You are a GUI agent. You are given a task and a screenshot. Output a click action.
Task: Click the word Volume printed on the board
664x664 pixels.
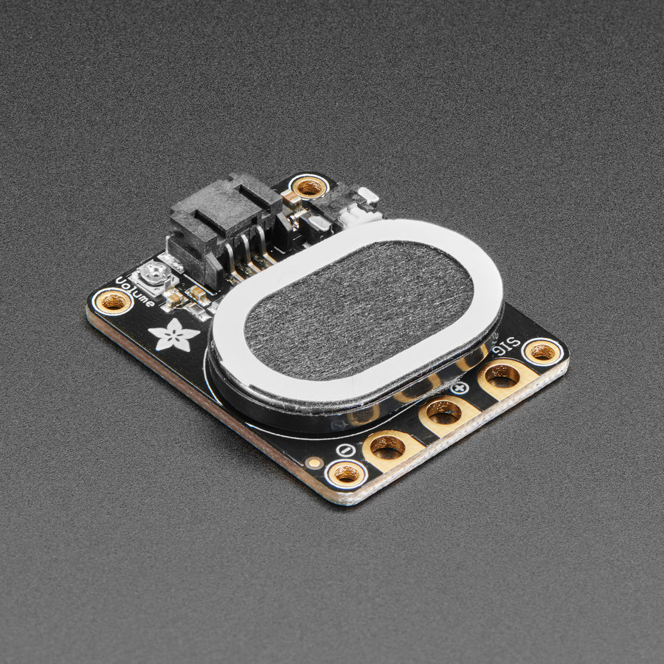[135, 291]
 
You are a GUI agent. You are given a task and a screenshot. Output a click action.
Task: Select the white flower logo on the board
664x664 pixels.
[173, 334]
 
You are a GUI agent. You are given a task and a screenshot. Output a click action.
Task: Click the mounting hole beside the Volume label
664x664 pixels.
[113, 302]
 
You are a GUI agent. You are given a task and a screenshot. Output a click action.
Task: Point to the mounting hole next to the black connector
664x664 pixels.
[309, 187]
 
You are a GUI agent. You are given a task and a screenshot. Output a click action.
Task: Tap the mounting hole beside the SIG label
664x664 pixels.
[542, 351]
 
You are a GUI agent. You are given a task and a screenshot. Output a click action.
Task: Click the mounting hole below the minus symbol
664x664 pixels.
[347, 474]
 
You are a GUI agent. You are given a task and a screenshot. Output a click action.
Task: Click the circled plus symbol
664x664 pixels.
[459, 388]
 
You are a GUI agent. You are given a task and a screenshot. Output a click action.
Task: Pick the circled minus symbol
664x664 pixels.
[346, 450]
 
